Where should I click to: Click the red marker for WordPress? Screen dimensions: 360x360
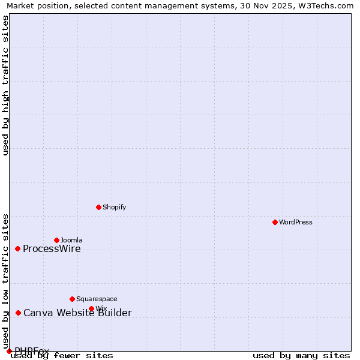tap(275, 222)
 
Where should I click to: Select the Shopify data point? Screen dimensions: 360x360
tap(98, 207)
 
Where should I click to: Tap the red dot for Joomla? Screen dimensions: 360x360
tap(56, 240)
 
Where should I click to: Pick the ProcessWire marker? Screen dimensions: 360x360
tap(17, 248)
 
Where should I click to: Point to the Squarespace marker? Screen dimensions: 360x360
tap(72, 299)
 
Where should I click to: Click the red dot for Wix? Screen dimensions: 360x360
tap(91, 308)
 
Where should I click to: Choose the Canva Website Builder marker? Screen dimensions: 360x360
tap(18, 313)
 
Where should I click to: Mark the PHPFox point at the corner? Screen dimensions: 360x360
tap(9, 351)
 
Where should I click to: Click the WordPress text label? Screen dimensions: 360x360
tap(296, 222)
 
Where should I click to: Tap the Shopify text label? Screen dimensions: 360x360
tap(114, 207)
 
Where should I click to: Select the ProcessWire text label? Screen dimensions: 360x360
tap(52, 249)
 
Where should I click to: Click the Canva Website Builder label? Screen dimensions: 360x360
tap(77, 313)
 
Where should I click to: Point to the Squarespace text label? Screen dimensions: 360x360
tap(97, 299)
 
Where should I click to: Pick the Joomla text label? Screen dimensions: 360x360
tap(71, 240)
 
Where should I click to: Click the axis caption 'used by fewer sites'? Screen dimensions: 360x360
tap(62, 356)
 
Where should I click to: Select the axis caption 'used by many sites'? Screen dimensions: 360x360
tap(301, 356)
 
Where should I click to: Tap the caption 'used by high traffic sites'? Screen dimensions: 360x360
tap(6, 85)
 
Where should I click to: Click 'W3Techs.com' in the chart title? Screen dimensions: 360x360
tap(326, 5)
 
